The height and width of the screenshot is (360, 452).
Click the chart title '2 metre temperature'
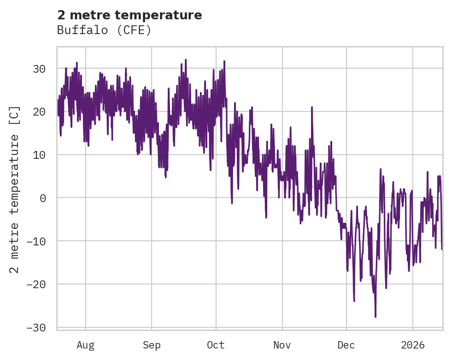(129, 15)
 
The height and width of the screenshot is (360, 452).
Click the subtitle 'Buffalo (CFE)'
(104, 30)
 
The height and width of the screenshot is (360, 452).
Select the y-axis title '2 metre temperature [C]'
(15, 189)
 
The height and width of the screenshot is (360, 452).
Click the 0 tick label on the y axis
(42, 198)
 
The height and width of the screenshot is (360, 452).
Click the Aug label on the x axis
(86, 345)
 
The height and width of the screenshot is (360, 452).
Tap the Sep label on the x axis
(152, 345)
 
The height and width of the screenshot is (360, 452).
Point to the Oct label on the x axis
(216, 345)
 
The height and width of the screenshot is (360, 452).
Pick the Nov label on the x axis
(282, 345)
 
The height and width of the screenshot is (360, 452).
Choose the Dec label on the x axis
(346, 345)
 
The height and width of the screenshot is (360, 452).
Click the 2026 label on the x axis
(413, 345)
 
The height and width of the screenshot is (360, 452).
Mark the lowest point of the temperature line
(376, 317)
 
